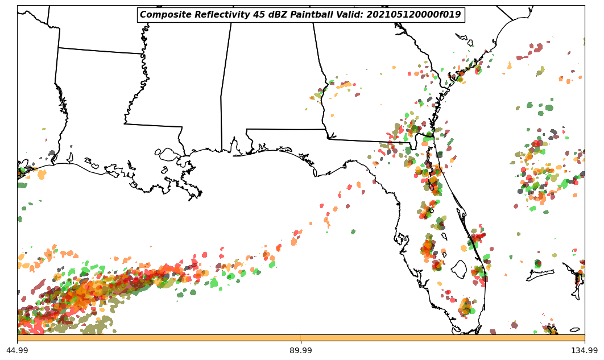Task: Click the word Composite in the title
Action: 162,15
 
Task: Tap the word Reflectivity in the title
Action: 212,15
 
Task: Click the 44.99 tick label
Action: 17,350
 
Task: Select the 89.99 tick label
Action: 301,350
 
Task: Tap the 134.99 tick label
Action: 584,350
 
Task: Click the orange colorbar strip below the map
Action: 301,338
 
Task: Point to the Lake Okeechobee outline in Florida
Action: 459,268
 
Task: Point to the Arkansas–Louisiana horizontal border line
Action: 100,51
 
